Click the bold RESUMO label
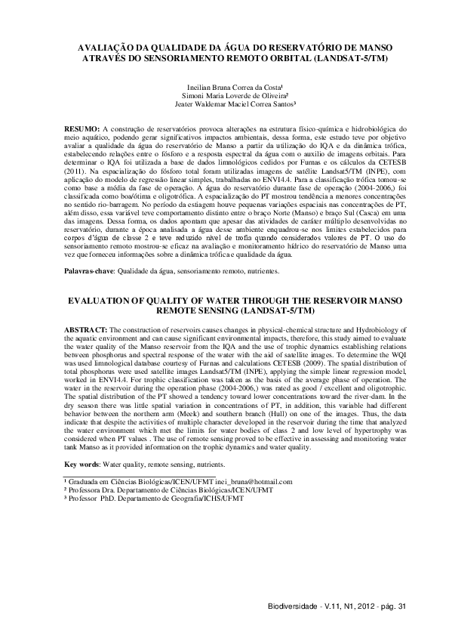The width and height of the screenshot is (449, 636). click(80, 130)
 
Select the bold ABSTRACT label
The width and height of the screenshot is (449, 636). click(85, 330)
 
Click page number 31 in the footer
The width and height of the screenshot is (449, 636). click(401, 608)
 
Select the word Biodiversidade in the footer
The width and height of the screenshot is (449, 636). click(289, 608)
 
